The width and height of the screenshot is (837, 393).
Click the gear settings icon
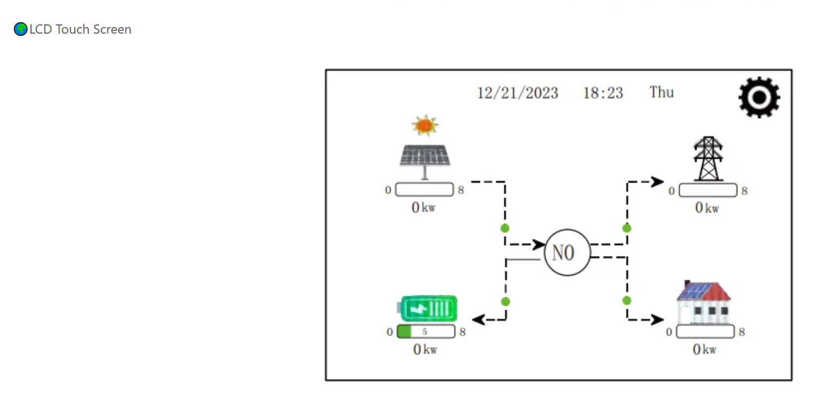(759, 97)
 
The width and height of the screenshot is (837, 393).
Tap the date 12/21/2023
(517, 93)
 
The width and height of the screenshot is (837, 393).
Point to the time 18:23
(603, 93)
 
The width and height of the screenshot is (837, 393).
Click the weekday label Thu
(661, 92)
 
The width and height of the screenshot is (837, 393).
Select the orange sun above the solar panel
(424, 125)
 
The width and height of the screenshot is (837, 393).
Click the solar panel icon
(425, 157)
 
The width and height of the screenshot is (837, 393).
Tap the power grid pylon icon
(708, 158)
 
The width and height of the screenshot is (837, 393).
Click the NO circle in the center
(567, 253)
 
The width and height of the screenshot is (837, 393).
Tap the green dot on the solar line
(505, 228)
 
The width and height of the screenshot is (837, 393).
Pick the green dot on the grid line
(627, 228)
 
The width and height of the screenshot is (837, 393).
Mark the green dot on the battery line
(505, 301)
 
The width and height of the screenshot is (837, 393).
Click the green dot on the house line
(627, 300)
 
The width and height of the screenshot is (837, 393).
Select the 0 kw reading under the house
(704, 350)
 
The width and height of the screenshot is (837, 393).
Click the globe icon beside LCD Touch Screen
(21, 29)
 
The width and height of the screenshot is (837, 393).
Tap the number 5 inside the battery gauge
(425, 332)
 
